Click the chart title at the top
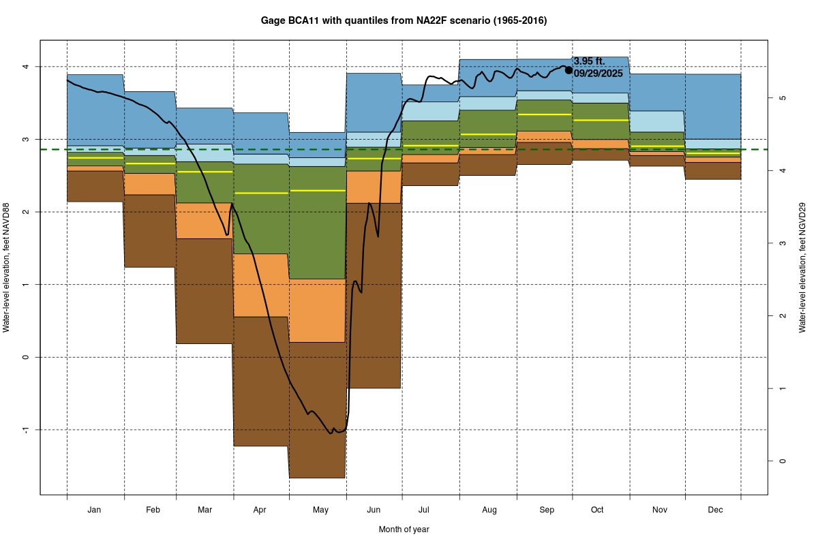tap(404, 21)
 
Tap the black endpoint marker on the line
tap(569, 69)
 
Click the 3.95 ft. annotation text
tap(589, 61)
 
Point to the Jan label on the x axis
tap(95, 510)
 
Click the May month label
tap(318, 510)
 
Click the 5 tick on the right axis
tap(783, 97)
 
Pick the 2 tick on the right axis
tap(783, 315)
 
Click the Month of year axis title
tap(404, 529)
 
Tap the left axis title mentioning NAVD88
tap(6, 267)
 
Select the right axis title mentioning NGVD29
tap(803, 267)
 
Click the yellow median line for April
tap(261, 193)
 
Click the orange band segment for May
tap(318, 310)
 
